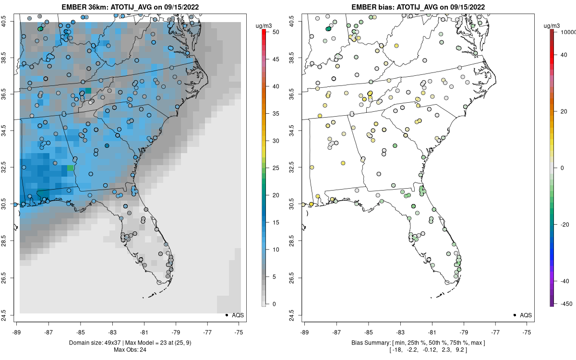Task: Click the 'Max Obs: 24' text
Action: (130, 349)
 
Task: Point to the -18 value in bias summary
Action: (397, 349)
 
